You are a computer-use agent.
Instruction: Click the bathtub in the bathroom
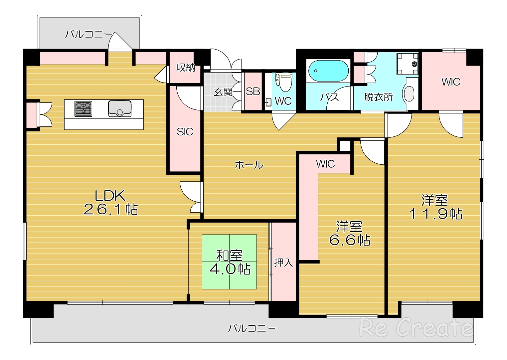[328, 71]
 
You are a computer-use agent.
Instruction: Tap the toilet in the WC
[284, 82]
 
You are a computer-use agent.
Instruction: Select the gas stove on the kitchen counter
[83, 109]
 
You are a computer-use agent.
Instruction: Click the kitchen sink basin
[120, 109]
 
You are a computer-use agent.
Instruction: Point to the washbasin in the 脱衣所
[409, 93]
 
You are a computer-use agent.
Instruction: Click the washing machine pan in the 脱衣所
[408, 64]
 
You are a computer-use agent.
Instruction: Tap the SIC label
[185, 132]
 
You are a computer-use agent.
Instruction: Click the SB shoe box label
[253, 91]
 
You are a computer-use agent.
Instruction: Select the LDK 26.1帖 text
[111, 202]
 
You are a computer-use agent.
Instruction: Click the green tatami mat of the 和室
[229, 262]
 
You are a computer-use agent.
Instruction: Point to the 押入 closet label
[283, 263]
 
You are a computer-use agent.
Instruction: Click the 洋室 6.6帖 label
[350, 233]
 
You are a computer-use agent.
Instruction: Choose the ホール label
[249, 165]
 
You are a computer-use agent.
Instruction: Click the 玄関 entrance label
[223, 92]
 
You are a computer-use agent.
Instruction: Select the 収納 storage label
[186, 68]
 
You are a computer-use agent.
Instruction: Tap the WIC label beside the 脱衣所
[451, 82]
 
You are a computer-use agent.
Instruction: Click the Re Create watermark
[416, 328]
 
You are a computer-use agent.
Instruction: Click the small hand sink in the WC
[268, 102]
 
